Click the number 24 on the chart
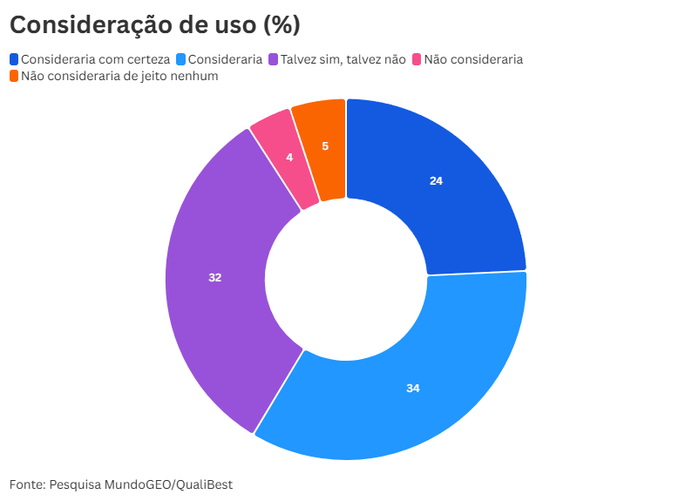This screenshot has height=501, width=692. click(x=437, y=181)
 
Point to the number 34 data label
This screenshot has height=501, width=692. click(x=413, y=388)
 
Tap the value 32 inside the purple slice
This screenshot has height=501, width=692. click(x=215, y=277)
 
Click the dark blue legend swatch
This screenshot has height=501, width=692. click(x=14, y=59)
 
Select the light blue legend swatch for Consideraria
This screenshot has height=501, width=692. click(x=181, y=59)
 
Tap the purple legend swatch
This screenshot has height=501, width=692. click(x=274, y=59)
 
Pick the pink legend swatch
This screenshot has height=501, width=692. click(x=417, y=59)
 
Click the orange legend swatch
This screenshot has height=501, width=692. click(x=14, y=76)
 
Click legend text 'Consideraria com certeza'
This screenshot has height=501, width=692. click(x=95, y=59)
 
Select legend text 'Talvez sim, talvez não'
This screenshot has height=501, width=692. click(x=343, y=59)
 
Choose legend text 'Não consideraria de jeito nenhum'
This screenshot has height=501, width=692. click(x=119, y=76)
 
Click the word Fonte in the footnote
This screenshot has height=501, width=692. click(x=25, y=484)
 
